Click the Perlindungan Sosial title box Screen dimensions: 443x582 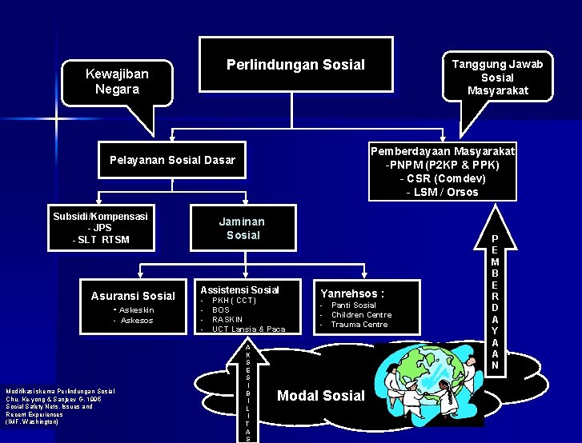(x=295, y=65)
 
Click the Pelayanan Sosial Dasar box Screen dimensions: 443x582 (x=172, y=160)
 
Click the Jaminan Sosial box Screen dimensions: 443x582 (x=243, y=228)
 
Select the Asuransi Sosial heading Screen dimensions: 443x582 (x=133, y=296)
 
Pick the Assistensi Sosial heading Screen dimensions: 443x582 (x=239, y=289)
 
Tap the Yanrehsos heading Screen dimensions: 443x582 (x=352, y=293)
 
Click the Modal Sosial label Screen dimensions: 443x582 (x=320, y=395)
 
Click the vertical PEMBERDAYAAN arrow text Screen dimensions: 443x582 (x=494, y=302)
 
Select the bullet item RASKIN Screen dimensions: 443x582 (x=227, y=319)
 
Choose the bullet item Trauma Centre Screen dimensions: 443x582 (x=359, y=324)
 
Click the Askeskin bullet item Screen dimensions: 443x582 (x=135, y=309)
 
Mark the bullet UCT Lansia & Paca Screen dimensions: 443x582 (x=248, y=329)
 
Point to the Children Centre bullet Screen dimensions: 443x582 (x=361, y=314)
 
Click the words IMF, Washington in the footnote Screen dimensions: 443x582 (x=32, y=421)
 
